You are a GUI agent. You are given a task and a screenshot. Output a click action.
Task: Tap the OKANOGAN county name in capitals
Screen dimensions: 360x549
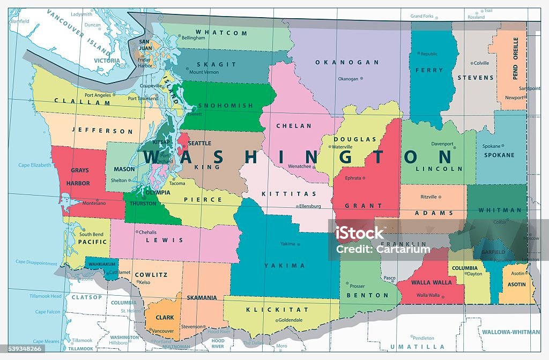click(347, 62)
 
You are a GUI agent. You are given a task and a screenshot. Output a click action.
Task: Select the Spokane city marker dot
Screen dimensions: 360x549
click(503, 146)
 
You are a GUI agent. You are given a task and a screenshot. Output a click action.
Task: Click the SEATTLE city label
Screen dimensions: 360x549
click(200, 143)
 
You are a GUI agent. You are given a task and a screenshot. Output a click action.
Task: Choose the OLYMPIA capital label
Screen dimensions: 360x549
click(158, 192)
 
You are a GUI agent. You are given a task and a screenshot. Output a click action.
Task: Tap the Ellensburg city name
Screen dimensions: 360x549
click(309, 206)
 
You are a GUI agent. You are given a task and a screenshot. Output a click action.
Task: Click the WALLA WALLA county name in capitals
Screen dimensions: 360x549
click(432, 282)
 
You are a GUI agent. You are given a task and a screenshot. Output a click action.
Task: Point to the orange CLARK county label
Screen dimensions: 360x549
click(165, 317)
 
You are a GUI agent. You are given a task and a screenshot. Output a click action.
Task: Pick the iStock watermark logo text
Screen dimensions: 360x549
click(360, 232)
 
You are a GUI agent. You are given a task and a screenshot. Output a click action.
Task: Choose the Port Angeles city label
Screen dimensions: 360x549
click(97, 95)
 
